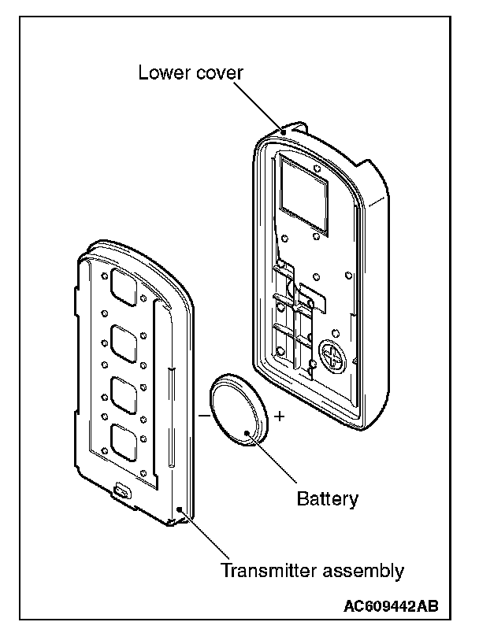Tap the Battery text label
click(x=328, y=498)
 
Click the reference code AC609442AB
click(x=391, y=606)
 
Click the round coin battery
click(x=239, y=411)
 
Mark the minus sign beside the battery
click(x=203, y=413)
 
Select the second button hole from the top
click(x=125, y=342)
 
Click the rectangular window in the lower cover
click(x=304, y=192)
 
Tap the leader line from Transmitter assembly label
click(x=207, y=535)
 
